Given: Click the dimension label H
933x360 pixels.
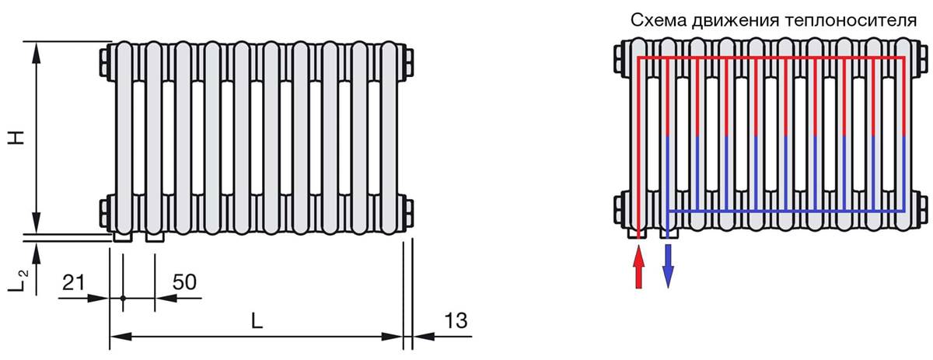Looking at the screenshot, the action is pyautogui.click(x=17, y=138).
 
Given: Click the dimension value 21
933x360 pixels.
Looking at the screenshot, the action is pyautogui.click(x=73, y=282).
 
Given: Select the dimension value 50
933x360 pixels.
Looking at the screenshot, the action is pyautogui.click(x=184, y=282).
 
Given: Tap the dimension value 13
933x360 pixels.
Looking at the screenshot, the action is pyautogui.click(x=456, y=321).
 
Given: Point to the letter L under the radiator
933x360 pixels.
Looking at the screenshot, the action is pyautogui.click(x=257, y=321).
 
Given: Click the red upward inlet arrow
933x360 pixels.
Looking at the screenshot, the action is pyautogui.click(x=638, y=267).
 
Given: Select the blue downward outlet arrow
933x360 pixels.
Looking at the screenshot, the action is pyautogui.click(x=668, y=266).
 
